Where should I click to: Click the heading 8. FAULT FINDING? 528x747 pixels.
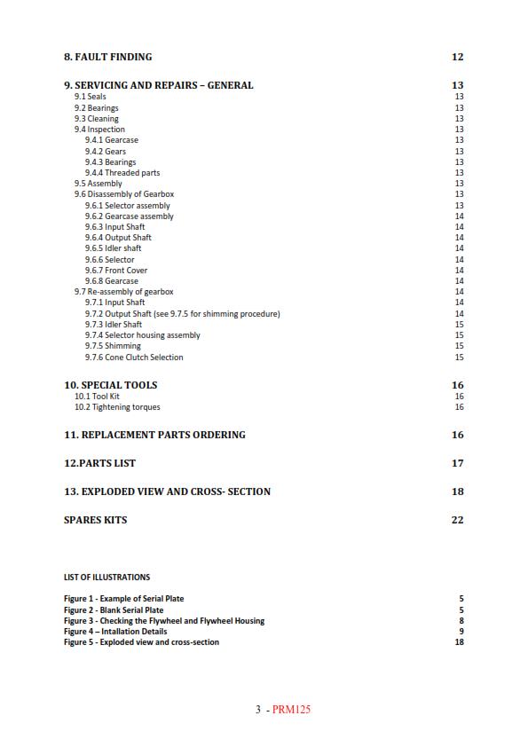107,57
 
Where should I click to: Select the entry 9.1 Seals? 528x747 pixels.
91,97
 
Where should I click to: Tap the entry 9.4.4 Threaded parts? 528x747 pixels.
122,173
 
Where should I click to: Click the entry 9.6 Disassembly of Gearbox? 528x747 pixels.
124,194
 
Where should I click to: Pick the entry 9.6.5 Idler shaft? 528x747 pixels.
113,248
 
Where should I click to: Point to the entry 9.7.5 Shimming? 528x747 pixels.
113,346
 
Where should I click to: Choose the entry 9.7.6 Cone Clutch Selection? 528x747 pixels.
134,358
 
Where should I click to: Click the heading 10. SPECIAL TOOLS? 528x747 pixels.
110,385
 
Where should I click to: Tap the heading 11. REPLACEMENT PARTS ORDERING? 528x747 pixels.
154,435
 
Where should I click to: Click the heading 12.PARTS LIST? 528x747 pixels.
99,463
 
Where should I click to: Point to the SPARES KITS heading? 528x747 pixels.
95,520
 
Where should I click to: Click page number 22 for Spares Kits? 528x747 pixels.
457,520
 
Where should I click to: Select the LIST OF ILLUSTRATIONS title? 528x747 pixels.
106,577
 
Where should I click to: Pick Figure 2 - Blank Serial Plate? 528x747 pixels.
114,610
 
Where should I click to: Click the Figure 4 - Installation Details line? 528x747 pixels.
115,632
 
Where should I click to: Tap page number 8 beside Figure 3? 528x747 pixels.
461,621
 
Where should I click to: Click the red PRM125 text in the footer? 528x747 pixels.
292,709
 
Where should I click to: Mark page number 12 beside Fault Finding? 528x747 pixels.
457,57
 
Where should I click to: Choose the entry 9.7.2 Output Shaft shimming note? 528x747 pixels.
182,313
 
